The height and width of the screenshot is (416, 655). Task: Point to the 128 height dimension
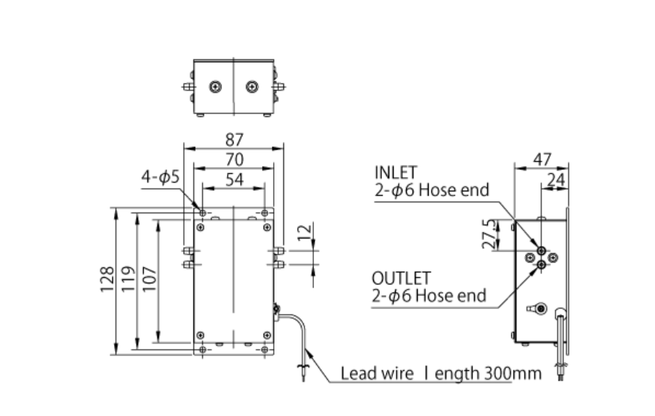[107, 280]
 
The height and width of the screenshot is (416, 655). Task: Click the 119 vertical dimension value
[128, 280]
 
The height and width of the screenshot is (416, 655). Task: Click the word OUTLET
[401, 278]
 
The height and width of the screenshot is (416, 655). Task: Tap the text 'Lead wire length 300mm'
[441, 374]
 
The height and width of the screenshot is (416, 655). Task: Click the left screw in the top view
[215, 87]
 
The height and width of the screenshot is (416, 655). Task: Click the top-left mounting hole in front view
[202, 213]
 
